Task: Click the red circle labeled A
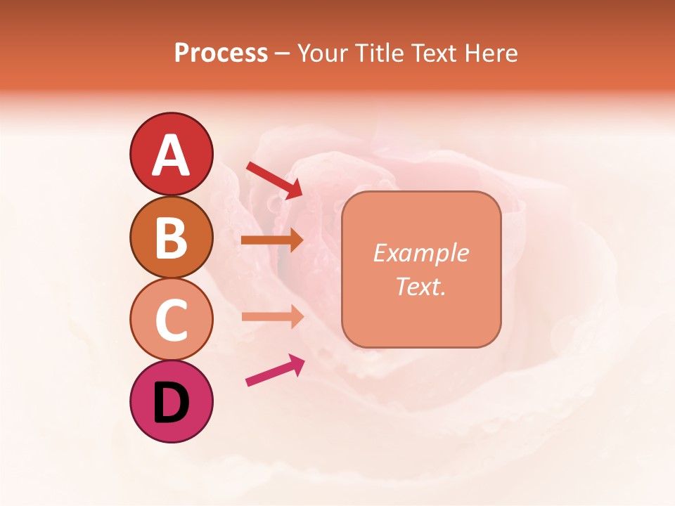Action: (172, 155)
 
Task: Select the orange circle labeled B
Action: (172, 237)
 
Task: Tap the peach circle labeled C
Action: (172, 319)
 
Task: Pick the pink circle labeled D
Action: (172, 401)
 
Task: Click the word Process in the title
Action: (221, 53)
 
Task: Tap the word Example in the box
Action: (421, 253)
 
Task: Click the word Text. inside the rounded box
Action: (421, 286)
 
